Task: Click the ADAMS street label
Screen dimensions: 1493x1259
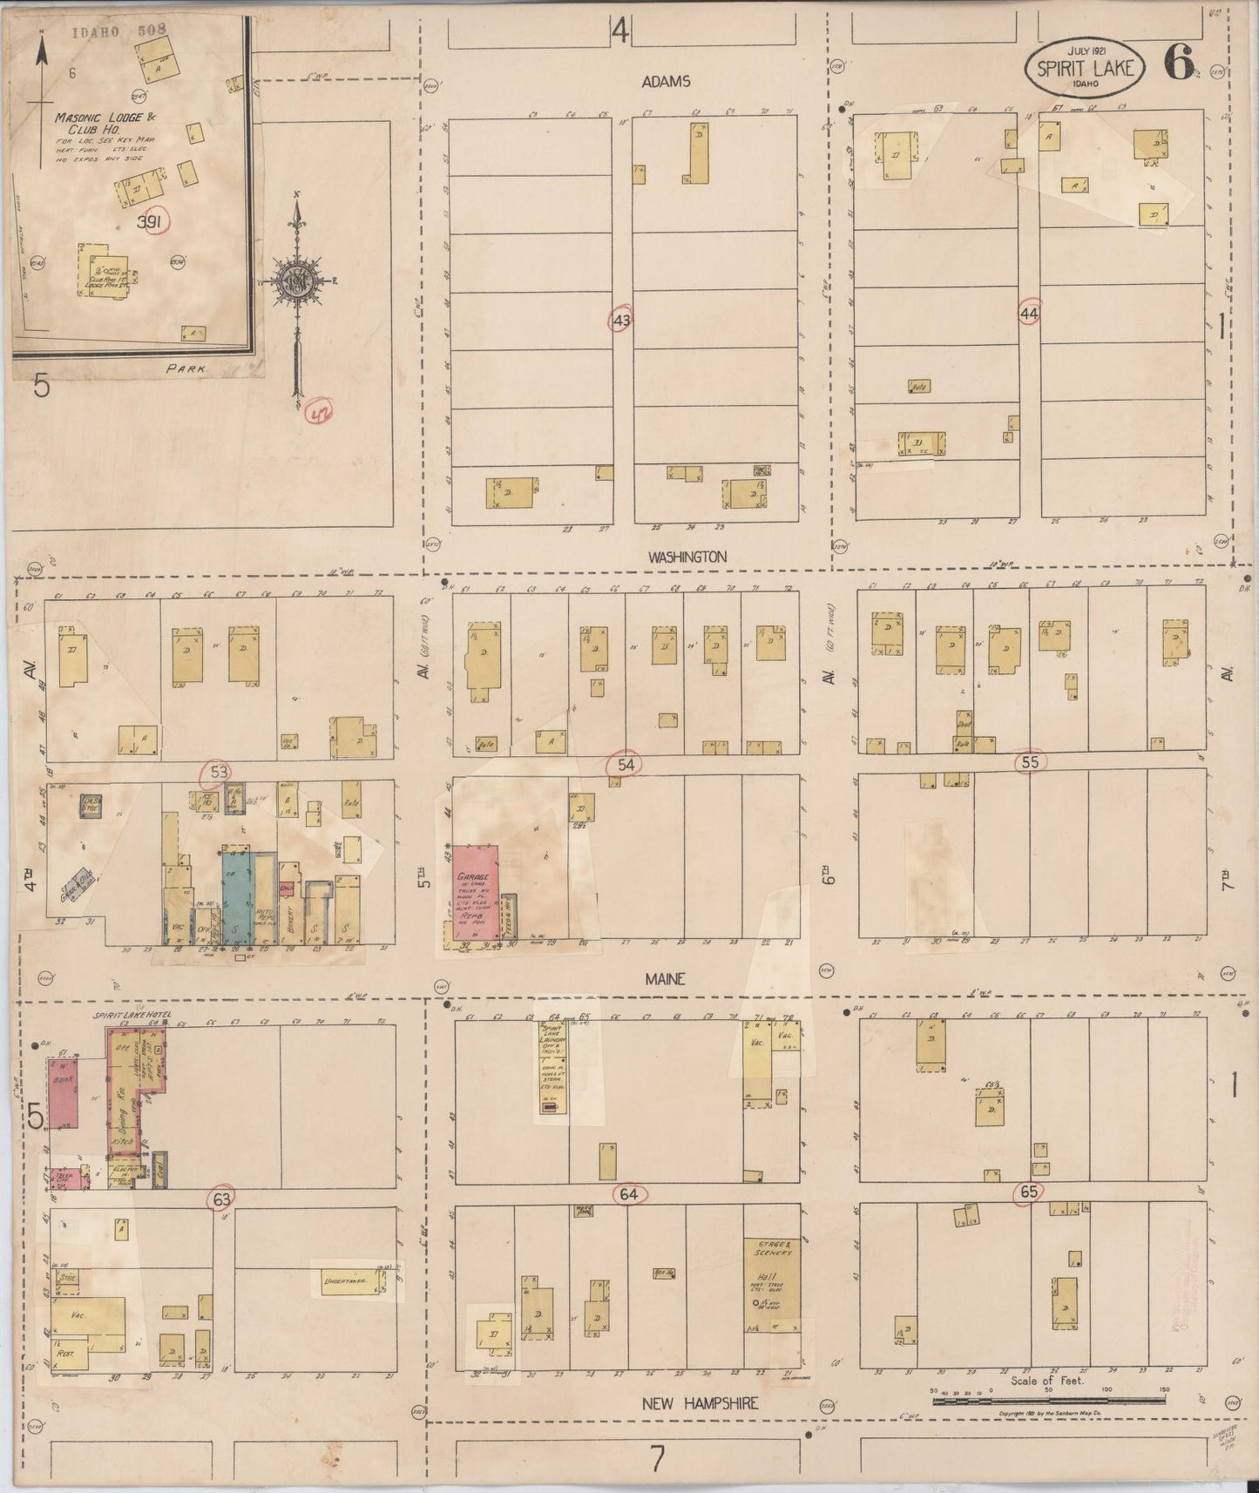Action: click(x=666, y=81)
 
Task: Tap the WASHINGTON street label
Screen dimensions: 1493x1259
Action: click(x=687, y=556)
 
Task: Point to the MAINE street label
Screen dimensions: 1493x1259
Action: click(x=665, y=979)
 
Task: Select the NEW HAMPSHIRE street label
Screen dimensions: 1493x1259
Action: click(x=701, y=1403)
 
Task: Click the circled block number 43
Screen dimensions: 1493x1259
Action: click(x=620, y=321)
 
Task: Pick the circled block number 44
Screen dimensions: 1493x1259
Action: click(x=1029, y=312)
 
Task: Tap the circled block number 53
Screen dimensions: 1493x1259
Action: click(x=219, y=772)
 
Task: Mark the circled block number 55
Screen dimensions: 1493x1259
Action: click(x=1031, y=762)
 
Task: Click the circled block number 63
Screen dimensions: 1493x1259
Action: click(x=222, y=1199)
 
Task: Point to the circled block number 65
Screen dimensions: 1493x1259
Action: click(x=1029, y=1192)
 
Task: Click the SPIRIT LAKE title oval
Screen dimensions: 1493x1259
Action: click(x=1084, y=68)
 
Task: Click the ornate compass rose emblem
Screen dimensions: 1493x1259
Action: click(x=298, y=280)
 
